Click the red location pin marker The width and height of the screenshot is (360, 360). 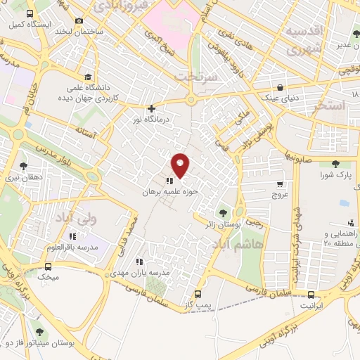click(181, 165)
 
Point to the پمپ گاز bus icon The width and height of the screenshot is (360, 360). click(198, 294)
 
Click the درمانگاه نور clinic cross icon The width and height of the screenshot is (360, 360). click(151, 108)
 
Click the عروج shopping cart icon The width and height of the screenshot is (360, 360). click(280, 183)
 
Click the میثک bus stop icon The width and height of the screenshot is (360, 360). click(48, 267)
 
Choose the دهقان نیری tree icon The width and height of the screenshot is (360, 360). click(24, 166)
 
